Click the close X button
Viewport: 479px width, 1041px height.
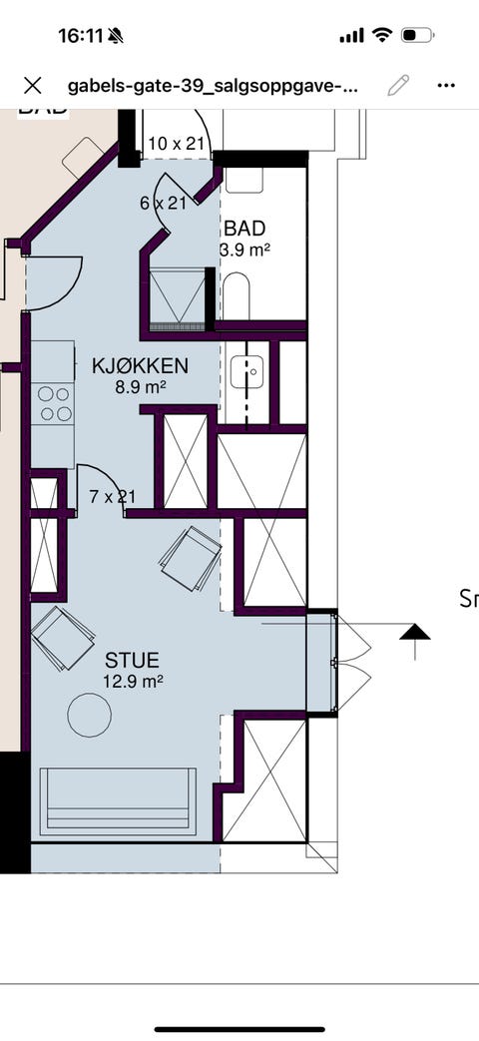coord(32,85)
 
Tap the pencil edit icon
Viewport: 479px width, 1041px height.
coord(398,85)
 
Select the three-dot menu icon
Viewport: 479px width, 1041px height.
coord(446,85)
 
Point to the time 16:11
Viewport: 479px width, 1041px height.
coord(81,35)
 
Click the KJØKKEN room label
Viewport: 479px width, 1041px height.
coord(139,366)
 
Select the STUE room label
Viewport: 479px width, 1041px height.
coord(132,661)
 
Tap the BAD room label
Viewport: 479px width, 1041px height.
coord(244,229)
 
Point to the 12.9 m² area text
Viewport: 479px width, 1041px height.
coord(133,682)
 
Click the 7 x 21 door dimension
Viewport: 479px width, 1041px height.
coord(111,496)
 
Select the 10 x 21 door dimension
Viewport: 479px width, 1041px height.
coord(176,144)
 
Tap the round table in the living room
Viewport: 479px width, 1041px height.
coord(89,715)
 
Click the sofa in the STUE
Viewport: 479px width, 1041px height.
coord(118,800)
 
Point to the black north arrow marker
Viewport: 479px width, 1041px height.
coord(415,632)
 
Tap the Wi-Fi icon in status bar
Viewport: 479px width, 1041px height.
coord(381,35)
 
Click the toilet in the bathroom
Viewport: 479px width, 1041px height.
coord(237,295)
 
